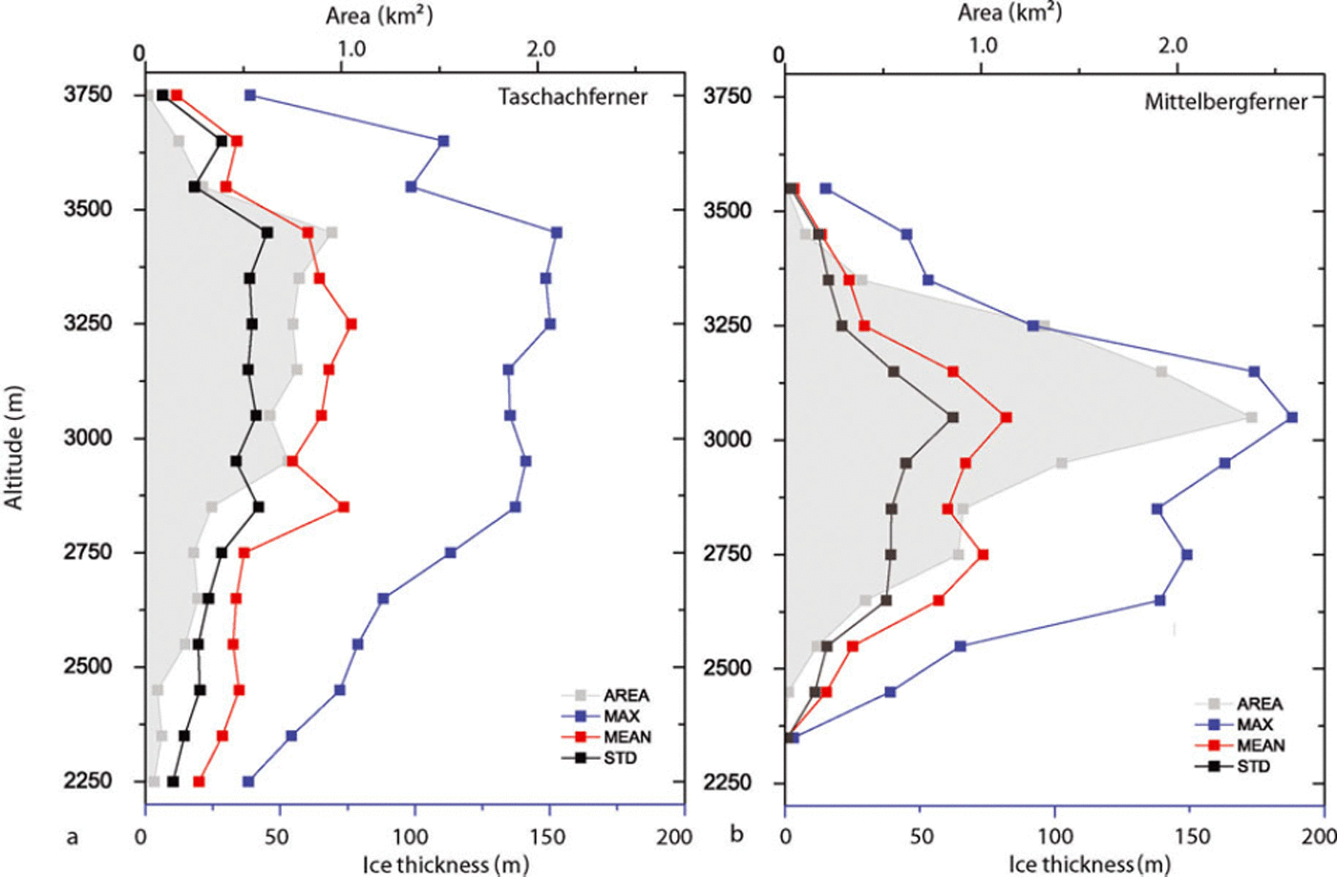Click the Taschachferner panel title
572,96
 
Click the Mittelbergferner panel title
1225,101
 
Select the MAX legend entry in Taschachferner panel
621,716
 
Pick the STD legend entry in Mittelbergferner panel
1253,766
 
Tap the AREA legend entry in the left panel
626,696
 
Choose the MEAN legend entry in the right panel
1261,745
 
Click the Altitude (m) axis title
14,447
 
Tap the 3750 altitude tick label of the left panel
89,94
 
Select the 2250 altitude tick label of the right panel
728,783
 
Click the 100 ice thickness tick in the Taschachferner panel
414,837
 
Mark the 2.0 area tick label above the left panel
541,48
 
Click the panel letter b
735,835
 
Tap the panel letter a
72,837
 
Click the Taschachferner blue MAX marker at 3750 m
250,95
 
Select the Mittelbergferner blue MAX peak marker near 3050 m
1292,417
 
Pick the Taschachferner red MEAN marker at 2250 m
199,782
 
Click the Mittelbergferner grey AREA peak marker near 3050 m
1251,417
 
